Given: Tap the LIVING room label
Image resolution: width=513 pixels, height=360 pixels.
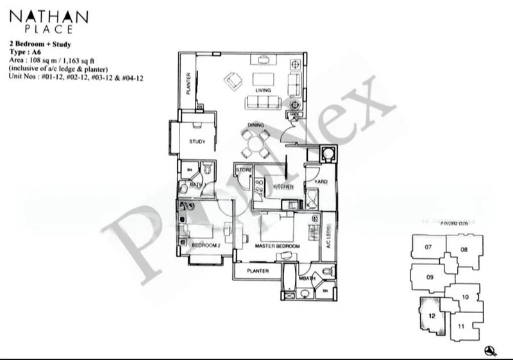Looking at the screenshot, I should [263, 90].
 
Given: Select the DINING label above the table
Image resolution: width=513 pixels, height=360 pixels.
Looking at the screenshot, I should [256, 126].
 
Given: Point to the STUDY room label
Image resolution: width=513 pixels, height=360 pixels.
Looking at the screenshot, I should [197, 141].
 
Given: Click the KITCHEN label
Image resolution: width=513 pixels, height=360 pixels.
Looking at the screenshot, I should [283, 187].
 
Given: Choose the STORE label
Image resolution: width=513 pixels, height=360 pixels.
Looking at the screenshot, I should [244, 170].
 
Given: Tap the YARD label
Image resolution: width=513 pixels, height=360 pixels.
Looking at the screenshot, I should [320, 182].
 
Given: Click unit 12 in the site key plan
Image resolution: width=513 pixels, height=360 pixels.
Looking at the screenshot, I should [432, 316].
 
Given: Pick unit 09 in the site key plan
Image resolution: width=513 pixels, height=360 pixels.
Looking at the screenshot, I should [430, 278].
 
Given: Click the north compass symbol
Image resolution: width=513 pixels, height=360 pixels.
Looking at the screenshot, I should [491, 350].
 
